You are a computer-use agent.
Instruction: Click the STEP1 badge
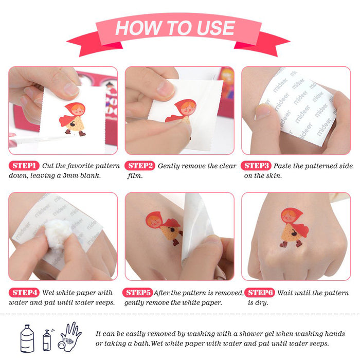tap(24, 166)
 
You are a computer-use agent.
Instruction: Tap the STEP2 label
tap(140, 166)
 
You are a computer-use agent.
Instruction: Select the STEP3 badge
tap(256, 166)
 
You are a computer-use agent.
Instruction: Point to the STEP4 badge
tap(24, 293)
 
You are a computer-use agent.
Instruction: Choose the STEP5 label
tap(137, 293)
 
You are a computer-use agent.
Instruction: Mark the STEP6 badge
tap(260, 293)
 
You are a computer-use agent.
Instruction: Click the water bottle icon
tap(27, 338)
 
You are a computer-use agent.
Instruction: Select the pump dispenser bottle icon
tap(48, 340)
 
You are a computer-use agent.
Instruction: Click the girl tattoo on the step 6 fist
tap(294, 227)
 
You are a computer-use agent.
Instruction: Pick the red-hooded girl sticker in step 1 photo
tap(73, 119)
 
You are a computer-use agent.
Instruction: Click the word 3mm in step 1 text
tap(70, 176)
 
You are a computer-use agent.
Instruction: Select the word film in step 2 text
tap(135, 176)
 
